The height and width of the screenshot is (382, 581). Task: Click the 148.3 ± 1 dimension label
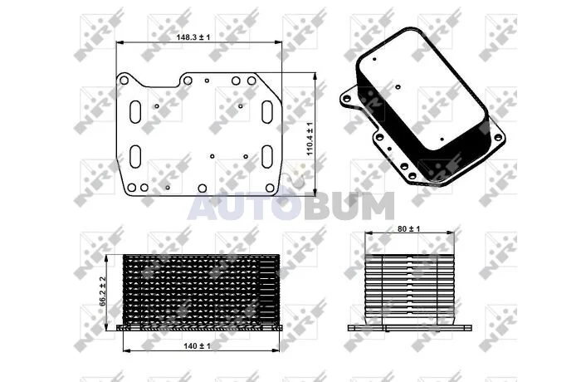click(x=193, y=37)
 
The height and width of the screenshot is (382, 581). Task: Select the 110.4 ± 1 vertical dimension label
click(x=310, y=139)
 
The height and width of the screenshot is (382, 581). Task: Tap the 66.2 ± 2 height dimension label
click(x=103, y=291)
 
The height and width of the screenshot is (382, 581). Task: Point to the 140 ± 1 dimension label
click(x=197, y=346)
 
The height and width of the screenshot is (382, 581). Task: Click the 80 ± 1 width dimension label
click(x=408, y=229)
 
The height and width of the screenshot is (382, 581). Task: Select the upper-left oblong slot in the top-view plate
click(x=135, y=111)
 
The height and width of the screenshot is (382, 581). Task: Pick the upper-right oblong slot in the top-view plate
click(x=267, y=111)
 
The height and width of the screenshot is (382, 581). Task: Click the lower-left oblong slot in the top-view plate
click(x=135, y=156)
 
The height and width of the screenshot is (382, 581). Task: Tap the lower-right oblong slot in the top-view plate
click(x=267, y=156)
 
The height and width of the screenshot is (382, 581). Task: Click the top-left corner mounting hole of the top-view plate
click(x=124, y=81)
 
